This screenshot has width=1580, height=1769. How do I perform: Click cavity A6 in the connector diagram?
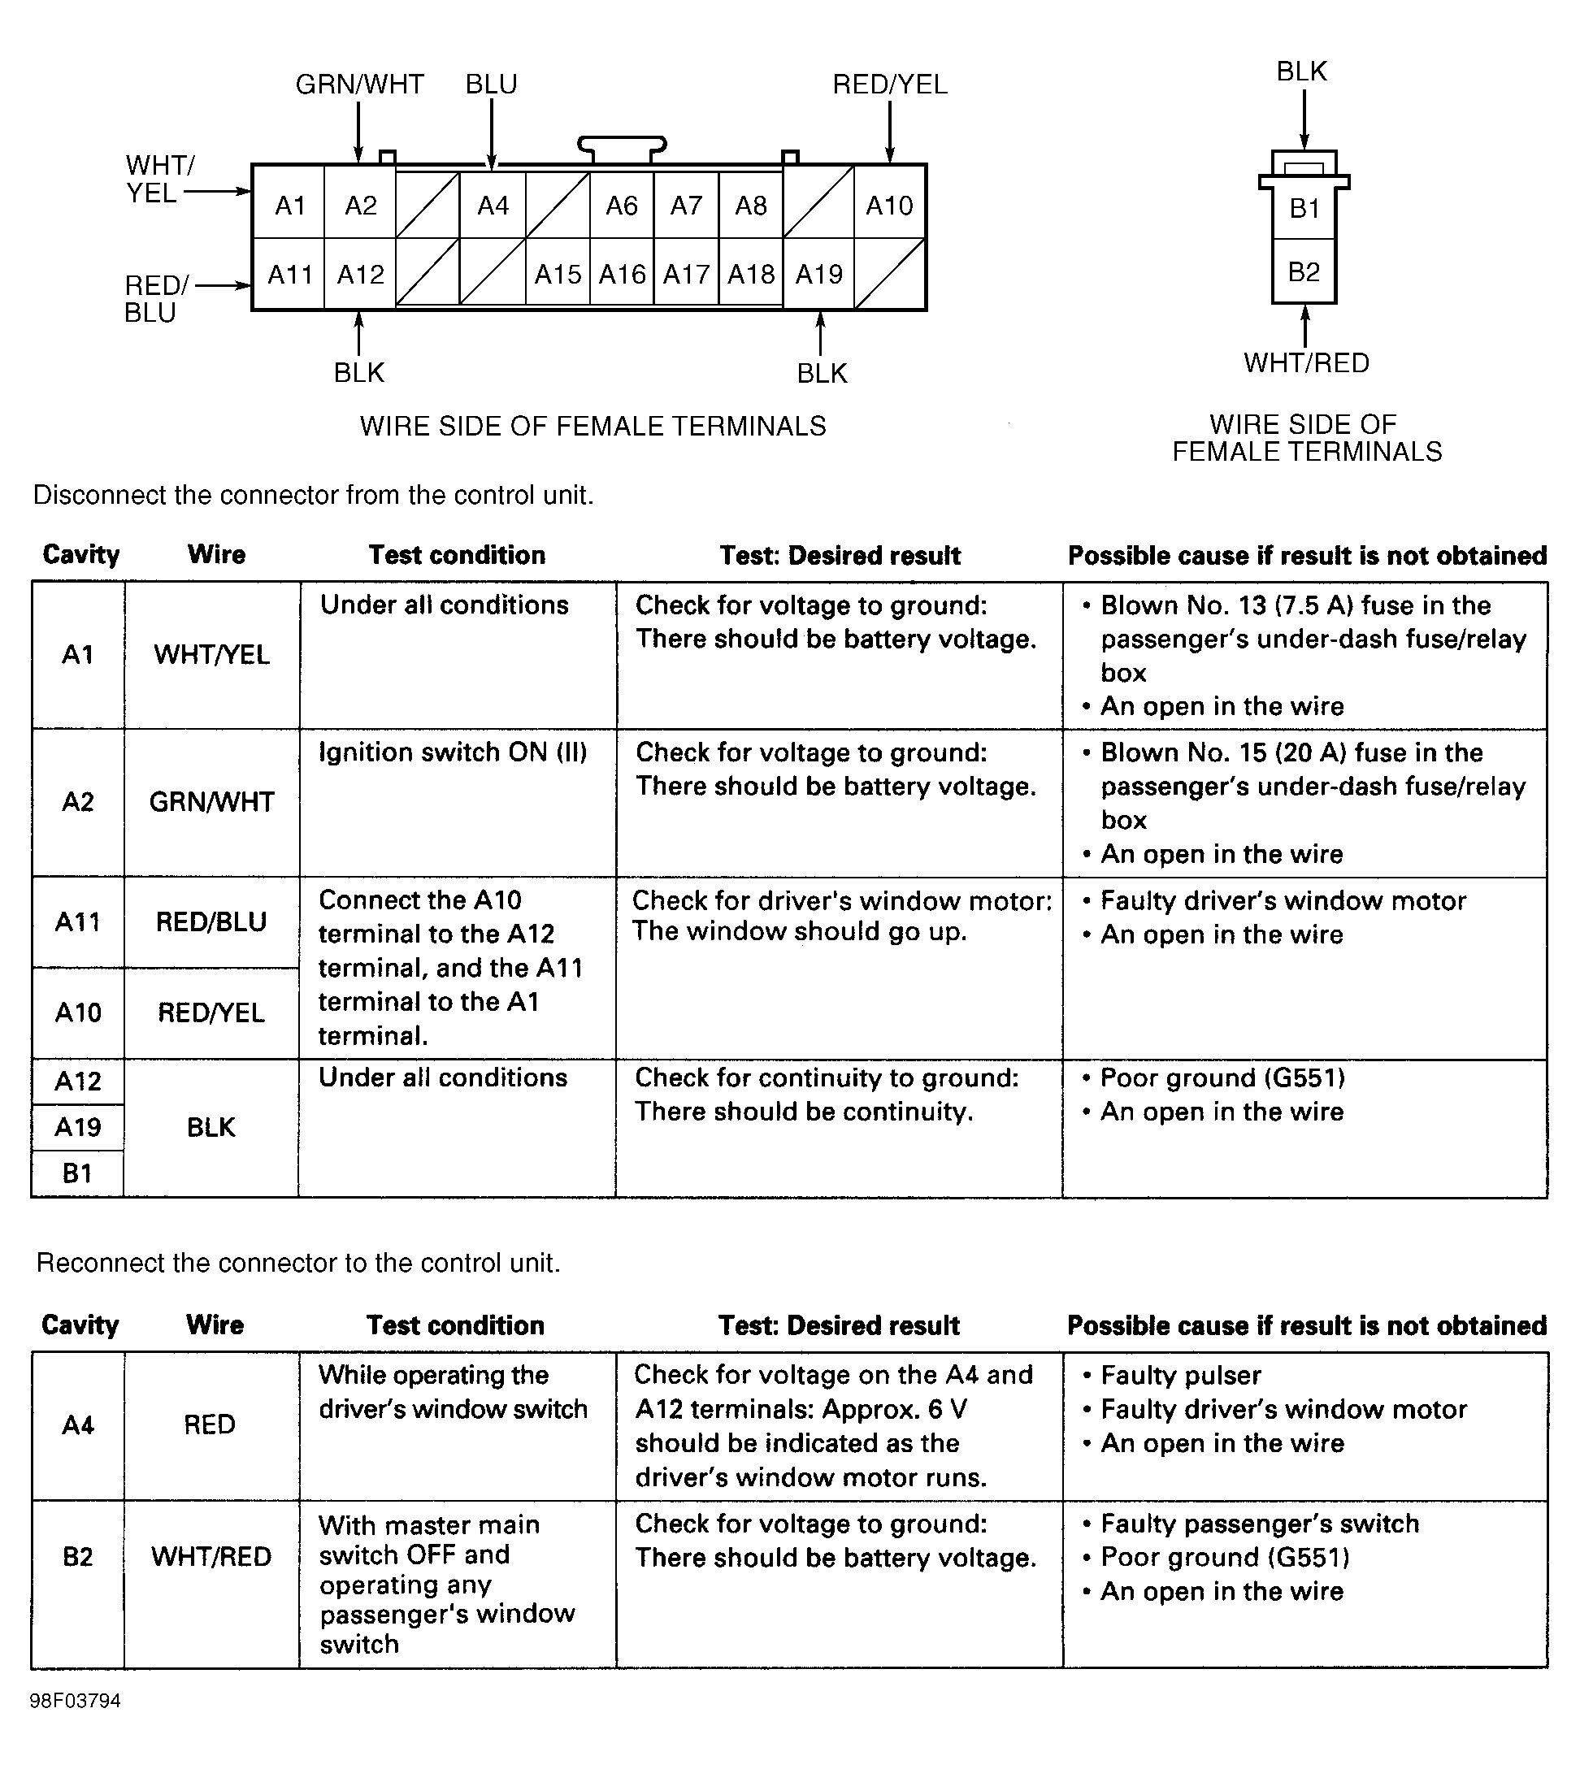pyautogui.click(x=622, y=206)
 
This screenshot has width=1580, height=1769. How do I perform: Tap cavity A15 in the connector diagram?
pyautogui.click(x=558, y=275)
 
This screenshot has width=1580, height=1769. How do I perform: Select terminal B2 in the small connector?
pyautogui.click(x=1304, y=271)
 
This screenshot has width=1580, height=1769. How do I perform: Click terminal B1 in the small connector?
pyautogui.click(x=1304, y=208)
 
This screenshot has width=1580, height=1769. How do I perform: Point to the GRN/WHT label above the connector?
pyautogui.click(x=359, y=85)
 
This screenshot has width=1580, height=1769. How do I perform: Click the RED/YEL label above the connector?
pyautogui.click(x=890, y=85)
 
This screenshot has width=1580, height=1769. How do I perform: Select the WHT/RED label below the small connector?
pyautogui.click(x=1305, y=363)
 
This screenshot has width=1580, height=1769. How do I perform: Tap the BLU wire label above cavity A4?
pyautogui.click(x=492, y=85)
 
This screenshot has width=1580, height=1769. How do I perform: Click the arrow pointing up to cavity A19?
pyautogui.click(x=820, y=333)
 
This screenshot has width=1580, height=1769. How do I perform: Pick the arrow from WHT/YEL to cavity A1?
pyautogui.click(x=217, y=191)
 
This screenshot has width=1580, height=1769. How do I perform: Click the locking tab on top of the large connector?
pyautogui.click(x=622, y=148)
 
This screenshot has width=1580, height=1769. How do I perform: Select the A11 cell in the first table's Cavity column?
pyautogui.click(x=78, y=921)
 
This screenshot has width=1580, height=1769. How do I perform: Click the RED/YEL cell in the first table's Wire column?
pyautogui.click(x=211, y=1013)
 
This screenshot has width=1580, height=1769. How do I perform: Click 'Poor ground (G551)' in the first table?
pyautogui.click(x=1222, y=1078)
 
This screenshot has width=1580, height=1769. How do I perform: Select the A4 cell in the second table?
pyautogui.click(x=78, y=1425)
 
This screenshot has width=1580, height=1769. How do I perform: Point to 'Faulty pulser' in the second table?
pyautogui.click(x=1181, y=1375)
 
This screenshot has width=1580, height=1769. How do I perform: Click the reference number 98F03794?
pyautogui.click(x=76, y=1701)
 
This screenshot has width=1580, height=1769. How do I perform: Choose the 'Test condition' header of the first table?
pyautogui.click(x=457, y=556)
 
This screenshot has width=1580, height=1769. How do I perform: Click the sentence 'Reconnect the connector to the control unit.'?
pyautogui.click(x=298, y=1263)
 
